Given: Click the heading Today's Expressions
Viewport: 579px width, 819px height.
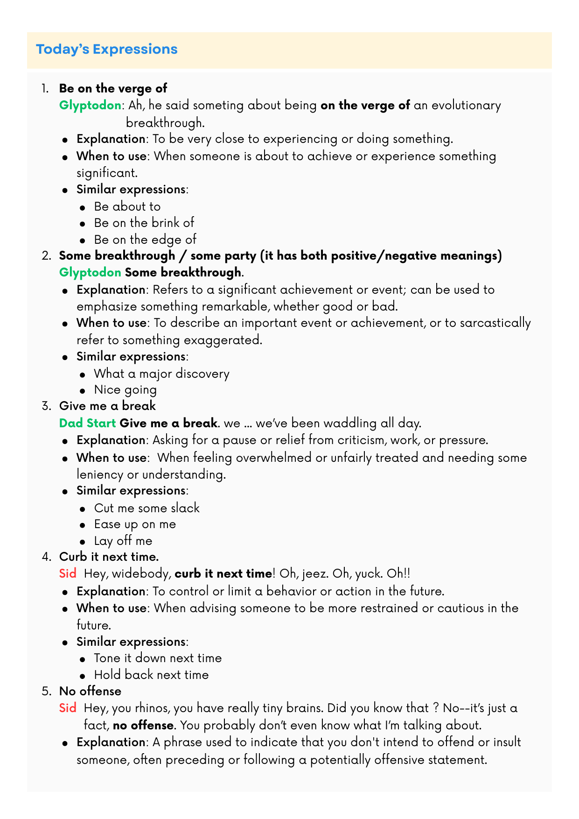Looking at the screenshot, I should point(107,49).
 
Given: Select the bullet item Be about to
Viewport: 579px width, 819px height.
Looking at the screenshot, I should point(127,206).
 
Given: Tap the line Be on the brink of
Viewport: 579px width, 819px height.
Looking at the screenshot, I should point(144,223).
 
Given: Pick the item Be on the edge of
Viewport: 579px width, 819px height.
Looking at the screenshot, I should point(145,240).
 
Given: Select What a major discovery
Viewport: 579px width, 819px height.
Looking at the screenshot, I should point(161,374).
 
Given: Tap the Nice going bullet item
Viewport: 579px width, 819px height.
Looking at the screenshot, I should point(125,389).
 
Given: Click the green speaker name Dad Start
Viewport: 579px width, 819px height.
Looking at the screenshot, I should point(87,424).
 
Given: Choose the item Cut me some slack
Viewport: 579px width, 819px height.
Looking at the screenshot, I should point(146,508).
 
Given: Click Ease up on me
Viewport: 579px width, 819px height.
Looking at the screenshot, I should point(135,524).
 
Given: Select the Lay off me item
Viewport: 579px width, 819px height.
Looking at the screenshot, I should point(123,541).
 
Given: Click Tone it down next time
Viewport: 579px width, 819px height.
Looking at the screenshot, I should point(158,658).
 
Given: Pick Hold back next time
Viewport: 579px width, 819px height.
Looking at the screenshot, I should point(151,675).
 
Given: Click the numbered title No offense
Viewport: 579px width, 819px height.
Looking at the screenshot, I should point(90,691).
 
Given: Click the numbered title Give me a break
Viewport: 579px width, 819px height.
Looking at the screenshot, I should point(107,406).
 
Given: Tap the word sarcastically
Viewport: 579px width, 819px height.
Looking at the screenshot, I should point(495,323).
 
